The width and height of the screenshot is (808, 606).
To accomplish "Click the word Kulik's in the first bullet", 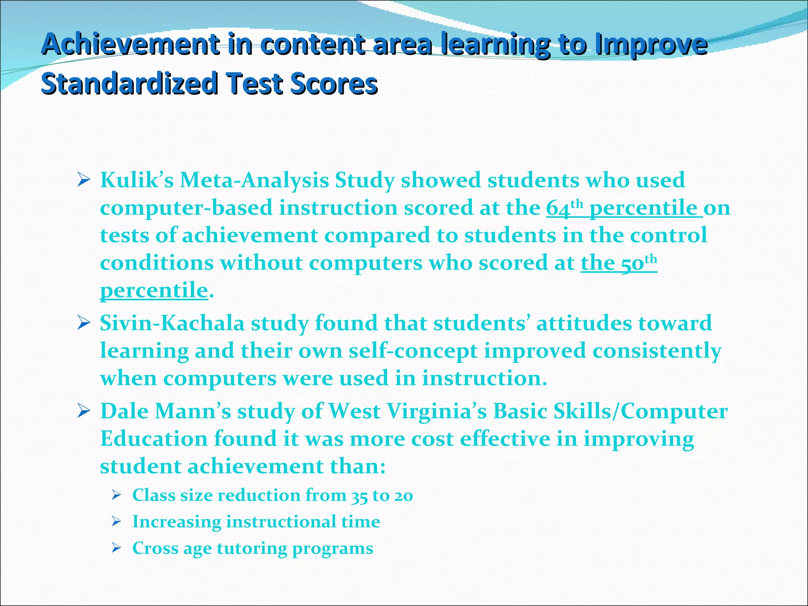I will [x=137, y=180].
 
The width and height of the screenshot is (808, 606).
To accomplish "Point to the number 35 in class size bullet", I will [x=359, y=496].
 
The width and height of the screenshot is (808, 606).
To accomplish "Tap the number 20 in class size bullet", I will [x=403, y=496].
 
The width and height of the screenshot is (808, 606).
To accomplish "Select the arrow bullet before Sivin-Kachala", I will [x=84, y=324].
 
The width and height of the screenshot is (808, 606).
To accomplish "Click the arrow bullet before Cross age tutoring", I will [x=116, y=548].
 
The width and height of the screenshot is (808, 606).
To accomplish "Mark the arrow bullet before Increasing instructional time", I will [x=116, y=522].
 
